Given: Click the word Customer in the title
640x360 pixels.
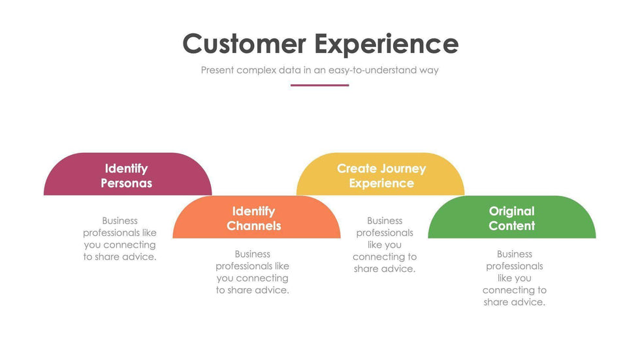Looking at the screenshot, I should pyautogui.click(x=244, y=44).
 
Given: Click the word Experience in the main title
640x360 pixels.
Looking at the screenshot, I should pyautogui.click(x=386, y=44).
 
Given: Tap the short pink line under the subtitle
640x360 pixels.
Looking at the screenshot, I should pyautogui.click(x=319, y=85).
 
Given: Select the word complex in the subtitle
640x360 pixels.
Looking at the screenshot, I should pyautogui.click(x=256, y=70).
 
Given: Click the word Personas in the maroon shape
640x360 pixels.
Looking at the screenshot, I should pyautogui.click(x=127, y=184).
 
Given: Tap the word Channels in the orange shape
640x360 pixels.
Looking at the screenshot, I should pyautogui.click(x=254, y=226).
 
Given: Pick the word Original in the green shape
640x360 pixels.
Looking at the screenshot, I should pyautogui.click(x=511, y=211).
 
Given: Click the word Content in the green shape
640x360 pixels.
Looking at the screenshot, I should pyautogui.click(x=511, y=226).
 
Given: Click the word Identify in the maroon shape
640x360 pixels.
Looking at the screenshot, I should pyautogui.click(x=127, y=169).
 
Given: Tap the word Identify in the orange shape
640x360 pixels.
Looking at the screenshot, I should pyautogui.click(x=254, y=211).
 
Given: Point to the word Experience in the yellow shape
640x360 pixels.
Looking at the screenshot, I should pyautogui.click(x=381, y=184).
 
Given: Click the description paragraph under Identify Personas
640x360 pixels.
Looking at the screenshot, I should pyautogui.click(x=120, y=239).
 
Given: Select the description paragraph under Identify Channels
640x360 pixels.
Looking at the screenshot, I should pyautogui.click(x=253, y=272).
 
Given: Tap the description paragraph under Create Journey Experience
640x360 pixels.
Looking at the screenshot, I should pyautogui.click(x=385, y=245).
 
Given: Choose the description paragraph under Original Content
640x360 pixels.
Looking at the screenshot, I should pyautogui.click(x=515, y=278).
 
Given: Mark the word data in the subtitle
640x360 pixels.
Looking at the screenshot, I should pyautogui.click(x=289, y=70).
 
